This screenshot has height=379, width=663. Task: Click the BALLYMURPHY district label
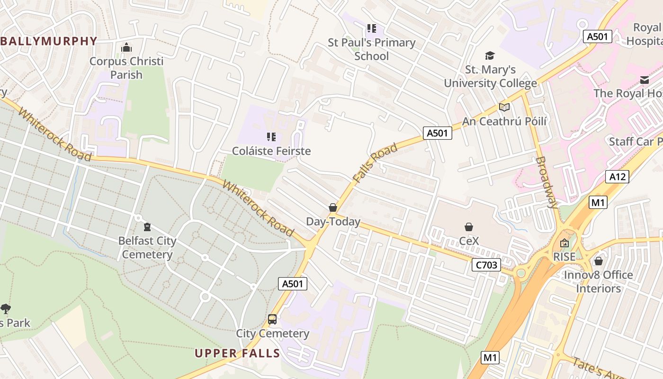point(49,41)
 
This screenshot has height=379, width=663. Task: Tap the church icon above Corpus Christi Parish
point(126,47)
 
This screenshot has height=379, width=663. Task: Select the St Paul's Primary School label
point(372,49)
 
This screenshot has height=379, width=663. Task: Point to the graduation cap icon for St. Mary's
point(490,56)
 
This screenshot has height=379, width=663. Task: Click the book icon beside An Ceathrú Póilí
point(504,108)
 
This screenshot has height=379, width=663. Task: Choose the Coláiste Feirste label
point(271,151)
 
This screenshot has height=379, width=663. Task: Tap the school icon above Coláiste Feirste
point(271,137)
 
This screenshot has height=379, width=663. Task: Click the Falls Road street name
point(375,163)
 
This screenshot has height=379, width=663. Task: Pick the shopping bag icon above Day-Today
point(333,208)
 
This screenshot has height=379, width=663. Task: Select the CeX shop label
point(469,241)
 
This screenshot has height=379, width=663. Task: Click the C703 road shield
point(486,265)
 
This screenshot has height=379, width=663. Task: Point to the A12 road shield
point(618,177)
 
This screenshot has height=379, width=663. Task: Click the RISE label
point(564,257)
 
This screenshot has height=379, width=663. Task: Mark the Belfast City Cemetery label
point(147,248)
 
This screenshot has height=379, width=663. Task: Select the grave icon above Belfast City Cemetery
point(147,226)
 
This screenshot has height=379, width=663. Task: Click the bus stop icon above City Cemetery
point(272,319)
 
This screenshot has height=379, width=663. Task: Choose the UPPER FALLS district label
point(237,353)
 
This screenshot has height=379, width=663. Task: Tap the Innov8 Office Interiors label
point(598,281)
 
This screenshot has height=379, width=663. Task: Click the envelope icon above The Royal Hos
point(645,80)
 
